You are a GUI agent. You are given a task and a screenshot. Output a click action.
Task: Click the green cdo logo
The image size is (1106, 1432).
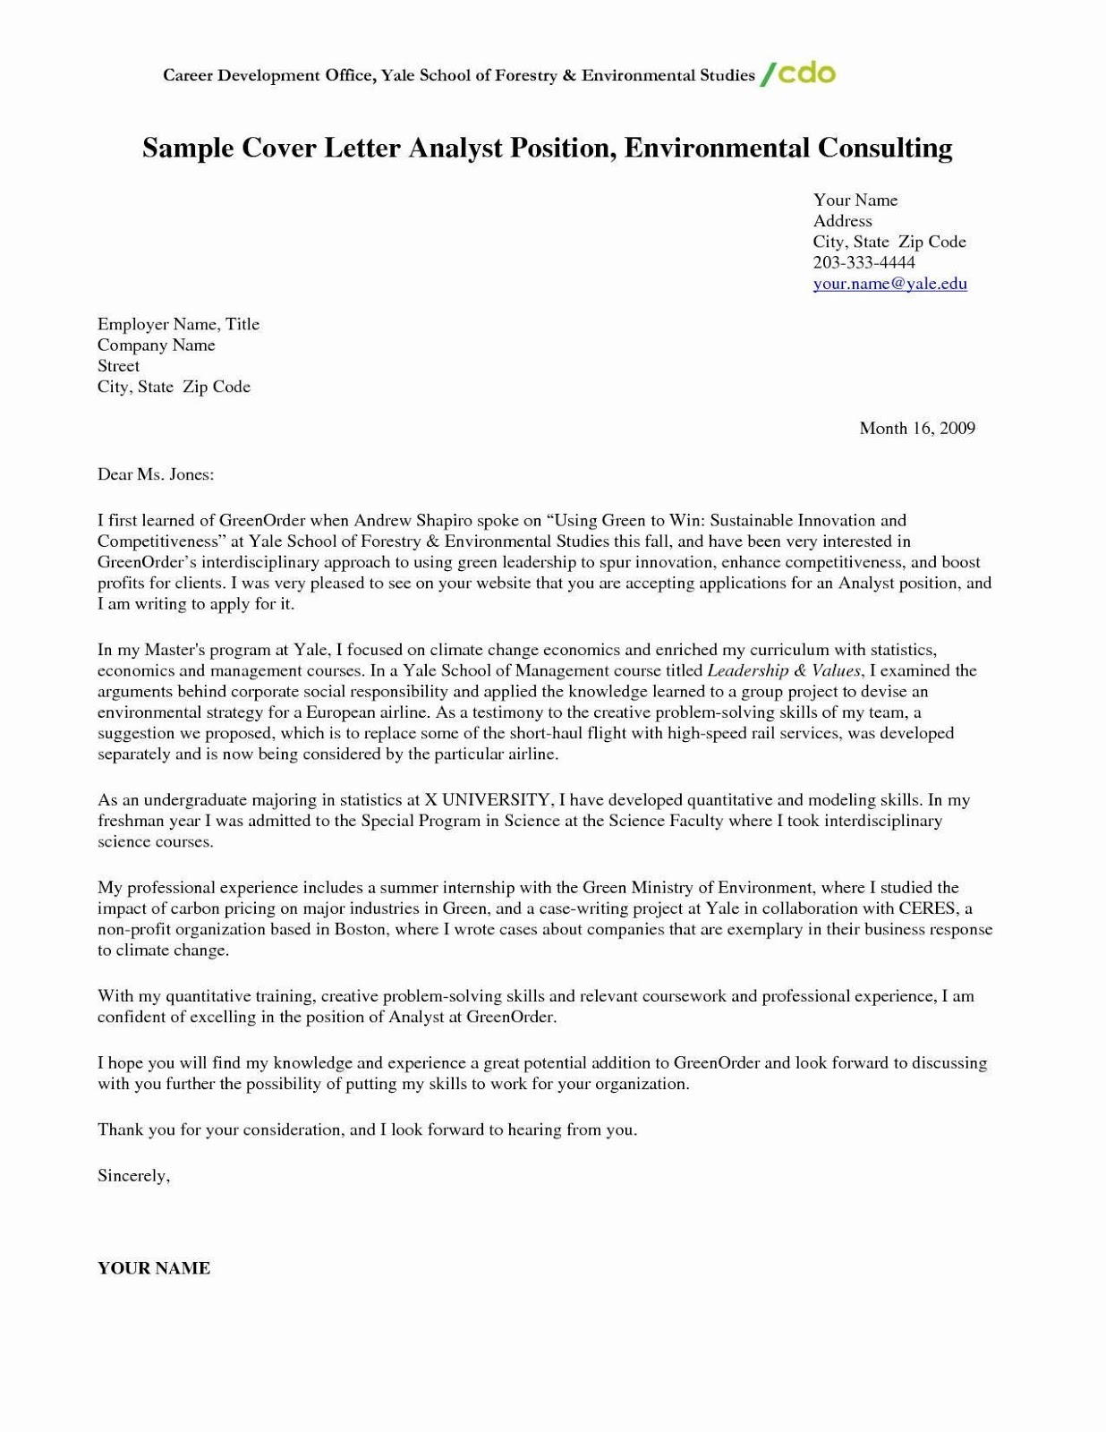coord(798,73)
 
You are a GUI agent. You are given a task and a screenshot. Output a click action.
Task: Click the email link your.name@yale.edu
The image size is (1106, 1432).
coord(889,284)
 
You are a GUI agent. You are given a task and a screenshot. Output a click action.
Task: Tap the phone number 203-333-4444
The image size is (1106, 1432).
coord(864,262)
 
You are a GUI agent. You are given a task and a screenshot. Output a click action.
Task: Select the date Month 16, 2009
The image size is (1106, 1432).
coord(916,428)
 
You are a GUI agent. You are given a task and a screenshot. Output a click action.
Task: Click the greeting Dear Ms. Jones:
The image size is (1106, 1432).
coord(156,474)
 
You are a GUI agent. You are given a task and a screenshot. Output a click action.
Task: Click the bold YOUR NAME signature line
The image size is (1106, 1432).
coord(154,1268)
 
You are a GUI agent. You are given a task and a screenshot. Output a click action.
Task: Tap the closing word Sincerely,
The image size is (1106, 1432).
coord(133,1176)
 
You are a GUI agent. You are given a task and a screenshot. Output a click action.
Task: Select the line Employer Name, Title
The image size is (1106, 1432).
coord(178,324)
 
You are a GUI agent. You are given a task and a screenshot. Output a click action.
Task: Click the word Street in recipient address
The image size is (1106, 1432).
coord(118,366)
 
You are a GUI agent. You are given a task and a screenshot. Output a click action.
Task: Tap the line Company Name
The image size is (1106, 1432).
coord(156,345)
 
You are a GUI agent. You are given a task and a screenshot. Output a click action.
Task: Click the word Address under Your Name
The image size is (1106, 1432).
coord(842,221)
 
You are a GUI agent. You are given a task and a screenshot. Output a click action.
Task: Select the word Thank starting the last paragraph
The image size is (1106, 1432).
coord(120,1129)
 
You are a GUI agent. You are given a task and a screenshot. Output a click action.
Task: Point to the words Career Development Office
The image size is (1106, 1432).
coord(267,75)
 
